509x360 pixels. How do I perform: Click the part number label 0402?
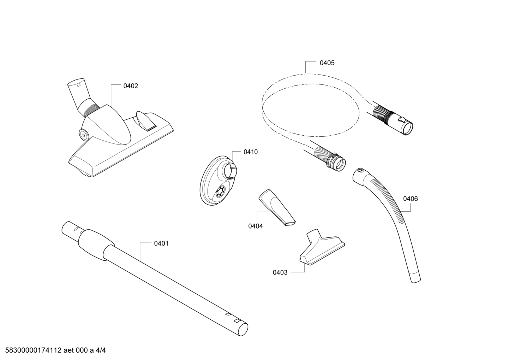(131, 86)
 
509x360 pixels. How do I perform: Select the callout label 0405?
(327, 63)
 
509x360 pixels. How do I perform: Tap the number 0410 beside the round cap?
(251, 152)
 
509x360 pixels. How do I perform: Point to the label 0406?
(411, 199)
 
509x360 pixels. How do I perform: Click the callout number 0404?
(256, 226)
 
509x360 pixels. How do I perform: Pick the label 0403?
(280, 272)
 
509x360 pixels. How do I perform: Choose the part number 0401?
(161, 243)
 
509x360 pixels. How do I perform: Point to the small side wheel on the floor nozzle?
(84, 134)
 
